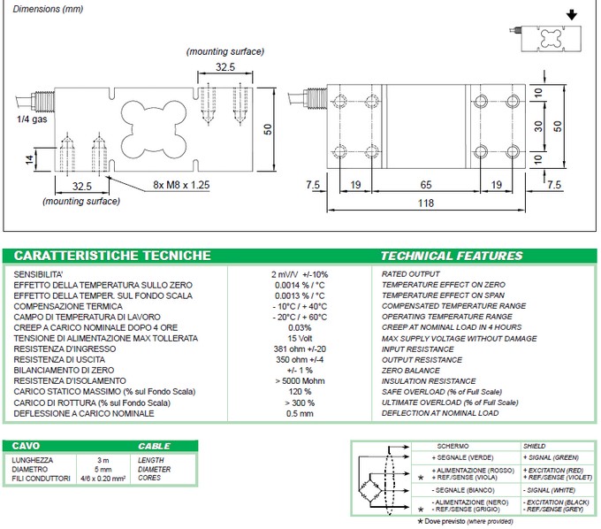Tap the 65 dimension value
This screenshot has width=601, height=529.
426,185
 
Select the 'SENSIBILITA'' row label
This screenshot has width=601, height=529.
44,274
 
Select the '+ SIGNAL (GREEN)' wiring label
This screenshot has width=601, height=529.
552,456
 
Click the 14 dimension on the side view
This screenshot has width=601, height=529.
30,159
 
